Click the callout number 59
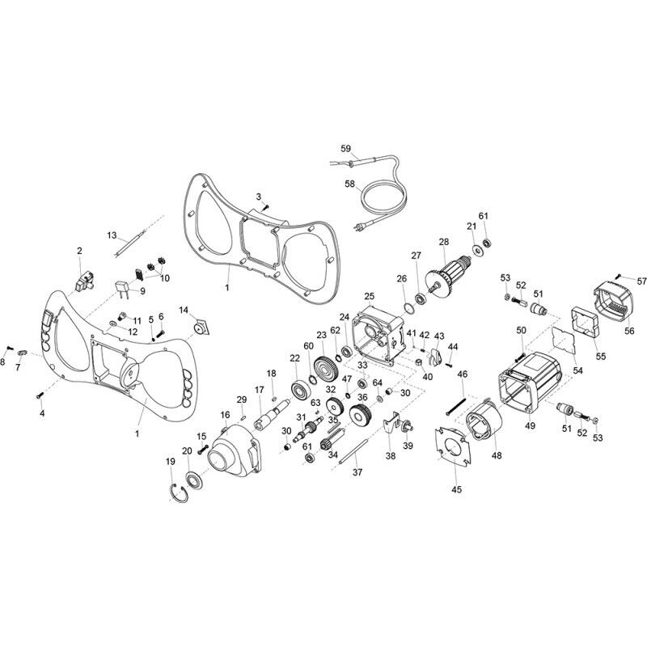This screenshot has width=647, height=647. tap(345, 149)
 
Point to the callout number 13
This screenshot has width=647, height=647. tap(112, 235)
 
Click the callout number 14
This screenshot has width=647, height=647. tap(183, 310)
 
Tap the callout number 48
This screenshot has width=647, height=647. tap(497, 455)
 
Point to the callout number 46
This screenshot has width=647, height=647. tap(463, 374)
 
